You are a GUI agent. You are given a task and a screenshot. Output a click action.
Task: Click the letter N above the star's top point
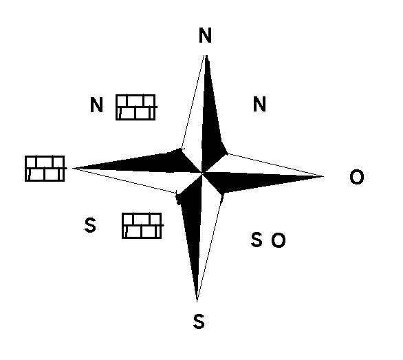(x=205, y=35)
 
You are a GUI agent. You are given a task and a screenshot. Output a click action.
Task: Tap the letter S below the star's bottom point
(x=199, y=321)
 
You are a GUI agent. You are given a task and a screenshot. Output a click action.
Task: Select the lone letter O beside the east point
(x=357, y=177)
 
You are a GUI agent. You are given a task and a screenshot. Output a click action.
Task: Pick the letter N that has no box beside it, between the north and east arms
(x=259, y=104)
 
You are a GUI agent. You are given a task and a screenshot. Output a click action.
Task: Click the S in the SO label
(x=257, y=240)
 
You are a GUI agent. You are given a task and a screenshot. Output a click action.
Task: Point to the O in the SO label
(x=279, y=240)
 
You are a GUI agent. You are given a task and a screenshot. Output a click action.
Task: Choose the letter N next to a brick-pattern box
(x=97, y=105)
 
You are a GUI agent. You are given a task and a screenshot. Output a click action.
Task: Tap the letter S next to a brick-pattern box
(x=90, y=225)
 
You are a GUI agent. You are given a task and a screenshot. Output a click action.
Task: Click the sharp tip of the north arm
(x=206, y=55)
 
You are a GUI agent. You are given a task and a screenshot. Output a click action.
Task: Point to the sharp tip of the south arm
(x=197, y=301)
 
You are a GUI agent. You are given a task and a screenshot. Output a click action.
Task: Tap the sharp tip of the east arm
(x=323, y=176)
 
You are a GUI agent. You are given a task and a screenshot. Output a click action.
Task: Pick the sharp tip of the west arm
(x=73, y=168)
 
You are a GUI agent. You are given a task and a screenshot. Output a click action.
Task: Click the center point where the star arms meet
(x=202, y=173)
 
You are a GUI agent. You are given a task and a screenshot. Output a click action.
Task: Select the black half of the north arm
(x=210, y=123)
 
